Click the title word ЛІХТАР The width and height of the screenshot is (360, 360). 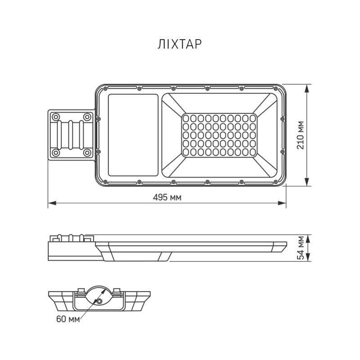point(180,44)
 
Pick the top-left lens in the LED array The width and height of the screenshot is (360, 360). point(186,118)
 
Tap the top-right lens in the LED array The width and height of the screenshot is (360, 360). point(252,118)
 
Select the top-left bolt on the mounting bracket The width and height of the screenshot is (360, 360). point(56,117)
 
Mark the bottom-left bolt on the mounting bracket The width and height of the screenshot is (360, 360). point(56,153)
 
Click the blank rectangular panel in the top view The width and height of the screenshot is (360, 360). point(133,135)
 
